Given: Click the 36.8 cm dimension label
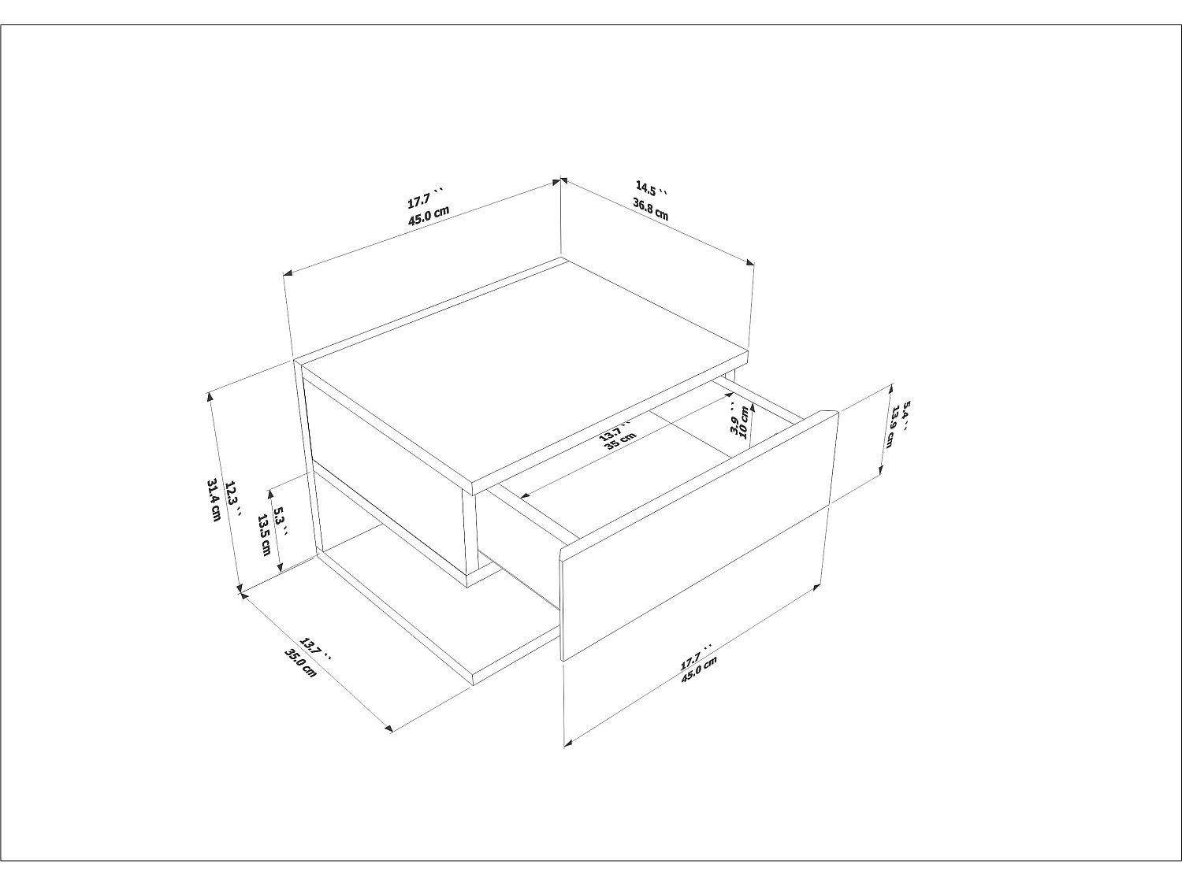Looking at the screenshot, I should click(650, 209).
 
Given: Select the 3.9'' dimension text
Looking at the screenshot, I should click(734, 420).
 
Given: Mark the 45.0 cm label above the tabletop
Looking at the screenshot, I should click(428, 215).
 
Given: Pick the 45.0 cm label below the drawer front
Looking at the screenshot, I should click(700, 670).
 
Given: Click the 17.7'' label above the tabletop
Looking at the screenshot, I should click(426, 196).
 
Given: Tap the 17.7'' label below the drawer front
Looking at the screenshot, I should click(695, 656).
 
